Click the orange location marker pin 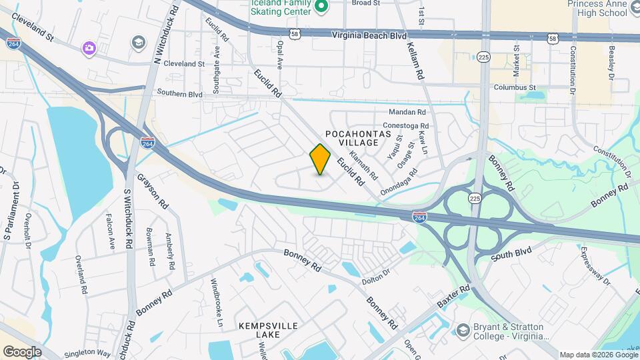click(321, 159)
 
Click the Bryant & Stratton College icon click(463, 330)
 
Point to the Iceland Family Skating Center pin click(321, 7)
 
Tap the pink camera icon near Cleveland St click(89, 48)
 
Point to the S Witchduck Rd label click(127, 220)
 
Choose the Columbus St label click(515, 87)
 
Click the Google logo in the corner click(22, 351)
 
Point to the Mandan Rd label click(407, 112)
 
